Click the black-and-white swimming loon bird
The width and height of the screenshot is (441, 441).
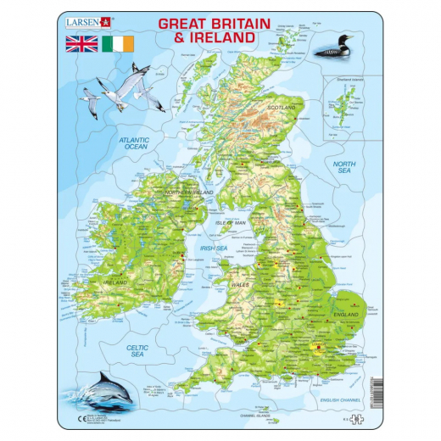point(338,49)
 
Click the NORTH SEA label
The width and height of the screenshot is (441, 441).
point(343,167)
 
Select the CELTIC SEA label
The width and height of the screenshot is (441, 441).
point(138,350)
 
